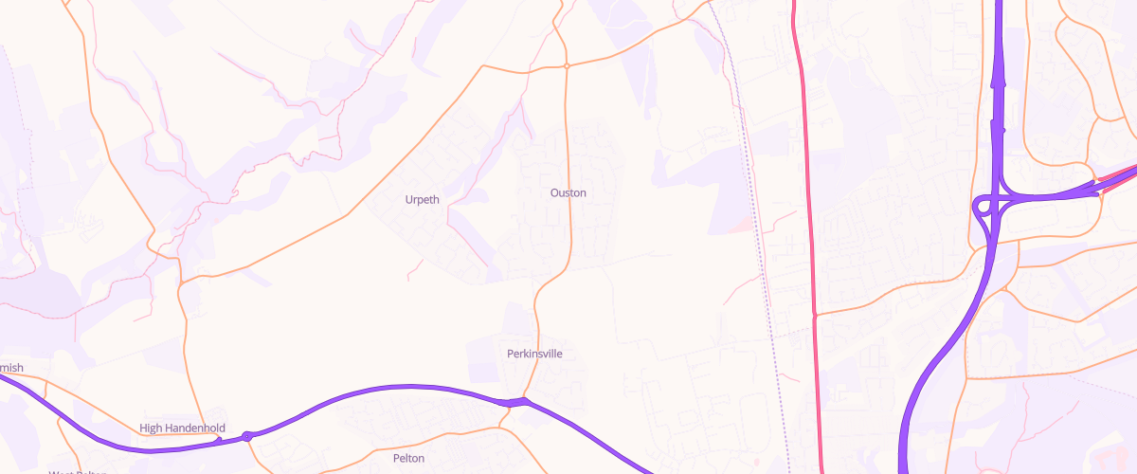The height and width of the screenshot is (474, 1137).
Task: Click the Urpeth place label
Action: click(x=423, y=199)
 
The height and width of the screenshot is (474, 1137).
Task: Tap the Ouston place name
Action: click(x=568, y=192)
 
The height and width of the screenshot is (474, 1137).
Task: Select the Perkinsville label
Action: click(x=535, y=354)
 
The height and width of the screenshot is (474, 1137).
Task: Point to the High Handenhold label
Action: click(x=182, y=428)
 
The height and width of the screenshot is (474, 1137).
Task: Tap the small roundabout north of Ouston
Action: click(x=566, y=66)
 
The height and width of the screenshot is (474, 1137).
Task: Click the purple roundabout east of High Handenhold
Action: click(x=247, y=436)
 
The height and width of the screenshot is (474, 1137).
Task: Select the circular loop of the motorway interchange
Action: click(x=984, y=206)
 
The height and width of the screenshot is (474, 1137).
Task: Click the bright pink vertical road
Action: click(x=807, y=190)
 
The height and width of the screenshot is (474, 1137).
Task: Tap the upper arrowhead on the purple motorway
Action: click(x=1000, y=82)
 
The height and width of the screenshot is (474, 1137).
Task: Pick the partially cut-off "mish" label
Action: click(x=10, y=368)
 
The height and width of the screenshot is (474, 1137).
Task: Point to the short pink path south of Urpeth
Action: click(x=415, y=270)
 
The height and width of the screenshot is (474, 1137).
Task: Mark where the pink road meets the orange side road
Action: click(x=815, y=315)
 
